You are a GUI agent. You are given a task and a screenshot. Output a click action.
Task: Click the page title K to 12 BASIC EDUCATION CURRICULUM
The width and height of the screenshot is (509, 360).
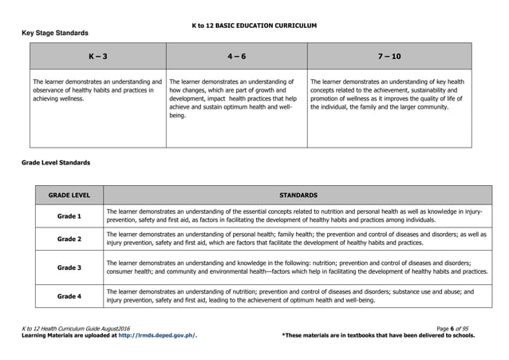254,26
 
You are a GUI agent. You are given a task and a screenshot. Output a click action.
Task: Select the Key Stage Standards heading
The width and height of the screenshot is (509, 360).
54,33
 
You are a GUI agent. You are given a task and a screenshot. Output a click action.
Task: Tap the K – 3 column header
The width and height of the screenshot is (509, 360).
97,57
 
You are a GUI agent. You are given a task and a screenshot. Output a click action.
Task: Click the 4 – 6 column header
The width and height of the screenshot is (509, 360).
236,57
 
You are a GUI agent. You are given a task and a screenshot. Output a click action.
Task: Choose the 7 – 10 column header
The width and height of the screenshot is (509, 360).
389,57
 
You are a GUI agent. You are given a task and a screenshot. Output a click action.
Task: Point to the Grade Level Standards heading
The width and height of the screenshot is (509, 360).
55,163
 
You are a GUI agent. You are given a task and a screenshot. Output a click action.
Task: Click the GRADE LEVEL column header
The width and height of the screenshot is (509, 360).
69,195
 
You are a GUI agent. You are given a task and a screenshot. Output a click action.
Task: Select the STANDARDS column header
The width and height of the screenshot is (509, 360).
298,195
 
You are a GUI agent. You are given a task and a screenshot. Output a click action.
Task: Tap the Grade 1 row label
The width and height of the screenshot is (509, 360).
69,216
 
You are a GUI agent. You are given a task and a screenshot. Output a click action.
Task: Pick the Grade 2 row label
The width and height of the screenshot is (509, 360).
69,239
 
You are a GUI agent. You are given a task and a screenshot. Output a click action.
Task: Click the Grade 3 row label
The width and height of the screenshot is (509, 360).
69,267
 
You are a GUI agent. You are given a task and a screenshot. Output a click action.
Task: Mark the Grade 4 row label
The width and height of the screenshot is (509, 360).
69,296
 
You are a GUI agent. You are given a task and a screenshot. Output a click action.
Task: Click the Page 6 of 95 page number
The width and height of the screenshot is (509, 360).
456,329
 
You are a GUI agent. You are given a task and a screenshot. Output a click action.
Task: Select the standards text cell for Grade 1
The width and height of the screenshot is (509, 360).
298,216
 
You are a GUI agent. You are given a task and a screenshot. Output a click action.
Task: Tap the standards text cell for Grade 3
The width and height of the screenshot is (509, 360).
298,267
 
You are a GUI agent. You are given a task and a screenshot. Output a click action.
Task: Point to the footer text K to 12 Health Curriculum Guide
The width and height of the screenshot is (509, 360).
78,329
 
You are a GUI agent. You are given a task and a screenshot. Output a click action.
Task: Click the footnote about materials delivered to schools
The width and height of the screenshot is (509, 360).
378,336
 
